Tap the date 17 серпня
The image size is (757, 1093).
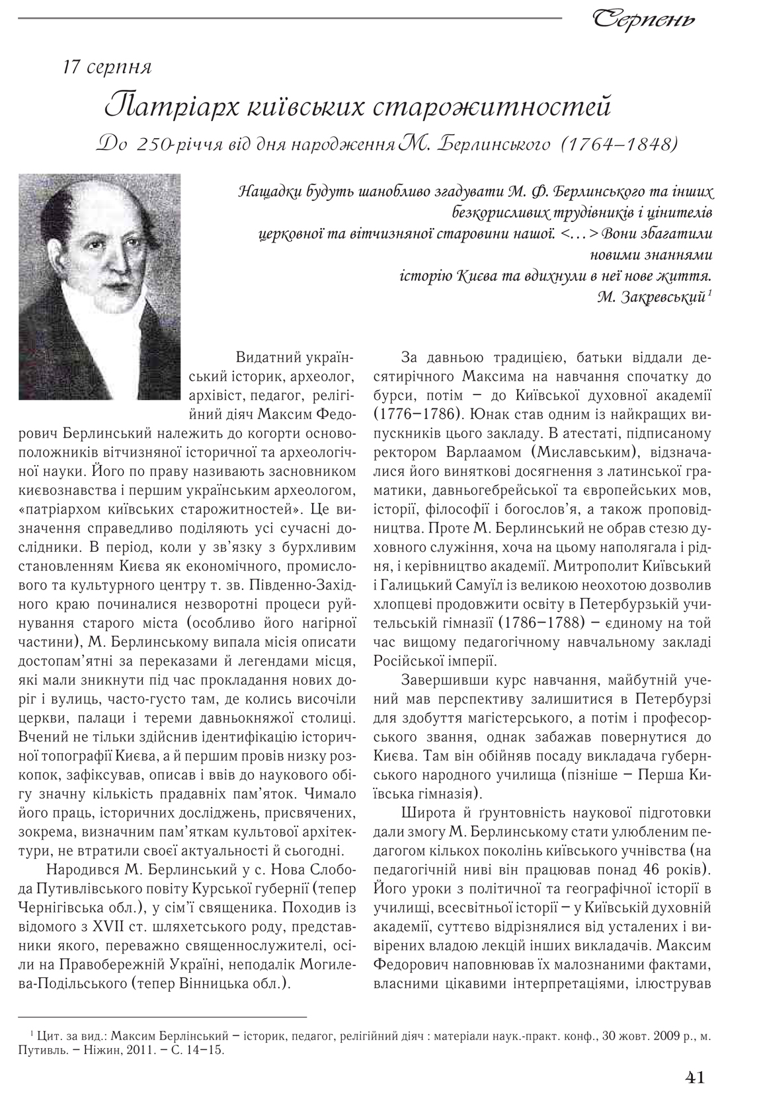(107, 67)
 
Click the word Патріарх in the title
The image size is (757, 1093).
(156, 105)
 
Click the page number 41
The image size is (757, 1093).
(694, 1078)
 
